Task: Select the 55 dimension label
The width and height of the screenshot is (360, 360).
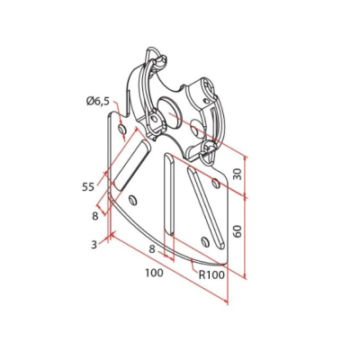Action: [88, 187]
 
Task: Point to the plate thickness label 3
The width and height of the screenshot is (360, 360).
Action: [94, 245]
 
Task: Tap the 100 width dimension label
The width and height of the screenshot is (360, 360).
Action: [155, 273]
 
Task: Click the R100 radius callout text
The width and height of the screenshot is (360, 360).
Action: [211, 274]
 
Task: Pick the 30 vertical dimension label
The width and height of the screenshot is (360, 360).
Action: [238, 174]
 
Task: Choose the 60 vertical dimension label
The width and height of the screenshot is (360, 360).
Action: [238, 231]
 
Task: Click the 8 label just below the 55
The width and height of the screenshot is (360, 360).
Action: [95, 216]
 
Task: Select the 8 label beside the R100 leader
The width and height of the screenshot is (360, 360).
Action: [152, 249]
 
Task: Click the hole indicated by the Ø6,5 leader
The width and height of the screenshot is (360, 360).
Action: [121, 130]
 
